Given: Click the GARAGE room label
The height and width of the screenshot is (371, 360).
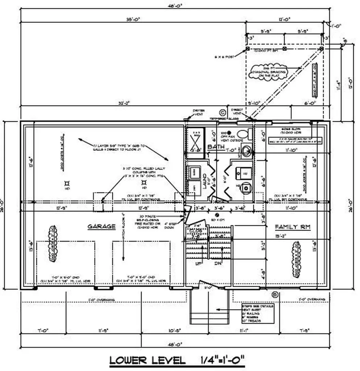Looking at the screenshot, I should (x=102, y=226).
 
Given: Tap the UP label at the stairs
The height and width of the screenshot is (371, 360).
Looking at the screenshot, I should (x=198, y=263).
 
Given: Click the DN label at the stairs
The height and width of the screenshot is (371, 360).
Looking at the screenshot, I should (x=218, y=263).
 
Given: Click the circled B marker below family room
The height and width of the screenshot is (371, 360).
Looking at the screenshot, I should (x=274, y=294).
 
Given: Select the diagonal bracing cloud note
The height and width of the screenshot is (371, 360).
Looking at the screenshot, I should (x=269, y=72).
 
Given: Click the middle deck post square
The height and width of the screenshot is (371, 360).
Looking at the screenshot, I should (x=285, y=48).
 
